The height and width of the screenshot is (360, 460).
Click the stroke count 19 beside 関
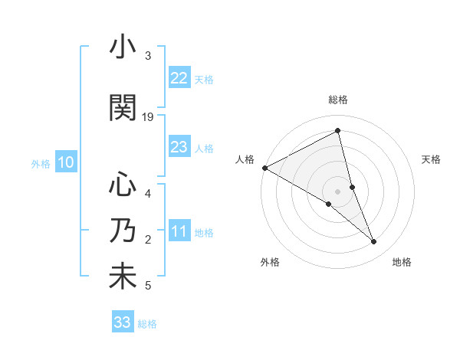point(148,117)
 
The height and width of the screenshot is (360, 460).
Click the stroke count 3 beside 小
point(148,56)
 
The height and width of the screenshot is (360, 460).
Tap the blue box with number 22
point(179,77)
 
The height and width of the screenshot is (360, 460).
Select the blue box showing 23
point(179,147)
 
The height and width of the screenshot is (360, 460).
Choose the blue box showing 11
point(179,231)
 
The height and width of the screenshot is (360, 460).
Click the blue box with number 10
point(66,162)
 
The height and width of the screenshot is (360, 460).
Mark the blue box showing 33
point(123,322)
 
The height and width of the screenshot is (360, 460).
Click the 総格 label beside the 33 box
point(147,324)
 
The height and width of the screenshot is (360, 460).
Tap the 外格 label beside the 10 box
point(41,163)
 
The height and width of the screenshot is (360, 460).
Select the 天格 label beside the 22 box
point(204,79)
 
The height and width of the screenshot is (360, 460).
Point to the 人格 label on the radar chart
point(245,159)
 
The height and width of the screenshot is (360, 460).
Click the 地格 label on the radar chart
point(402,262)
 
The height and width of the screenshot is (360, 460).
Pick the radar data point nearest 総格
point(337,131)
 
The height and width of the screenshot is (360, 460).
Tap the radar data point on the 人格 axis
point(264,167)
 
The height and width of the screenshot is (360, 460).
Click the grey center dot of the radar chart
point(337,191)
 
